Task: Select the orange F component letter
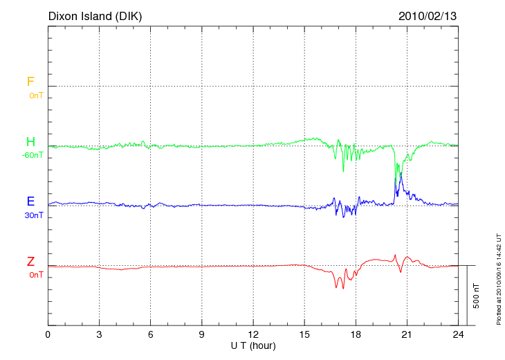pyautogui.click(x=30, y=82)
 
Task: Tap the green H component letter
pyautogui.click(x=30, y=142)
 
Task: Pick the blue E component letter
pyautogui.click(x=30, y=201)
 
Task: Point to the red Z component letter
pyautogui.click(x=30, y=262)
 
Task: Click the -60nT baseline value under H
pyautogui.click(x=33, y=155)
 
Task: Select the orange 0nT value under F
pyautogui.click(x=36, y=95)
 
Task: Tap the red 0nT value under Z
pyautogui.click(x=36, y=275)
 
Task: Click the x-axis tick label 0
pyautogui.click(x=48, y=334)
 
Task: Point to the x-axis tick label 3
pyautogui.click(x=99, y=334)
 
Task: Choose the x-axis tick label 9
pyautogui.click(x=202, y=334)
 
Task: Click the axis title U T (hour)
pyautogui.click(x=253, y=345)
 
